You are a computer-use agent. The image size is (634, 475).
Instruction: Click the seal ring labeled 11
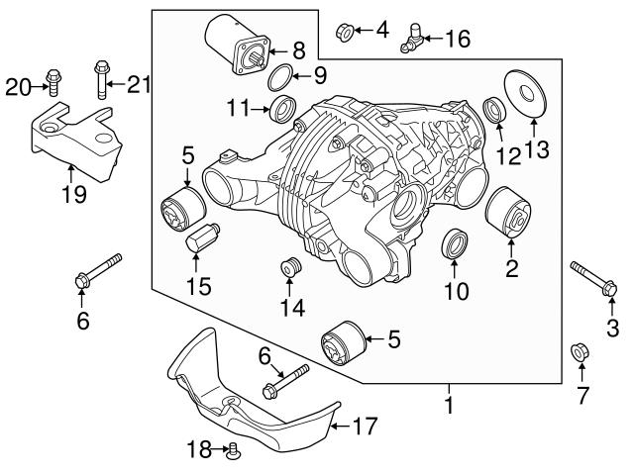pyautogui.click(x=284, y=108)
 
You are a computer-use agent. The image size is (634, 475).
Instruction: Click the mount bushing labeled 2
pyautogui.click(x=291, y=268)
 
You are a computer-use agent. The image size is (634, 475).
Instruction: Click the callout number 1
pyautogui.click(x=448, y=404)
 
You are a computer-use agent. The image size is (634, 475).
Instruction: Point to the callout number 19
pyautogui.click(x=69, y=194)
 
